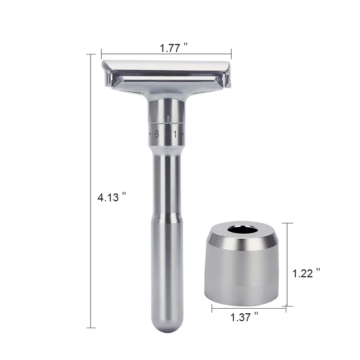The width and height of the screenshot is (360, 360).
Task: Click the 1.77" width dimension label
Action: [x=174, y=48]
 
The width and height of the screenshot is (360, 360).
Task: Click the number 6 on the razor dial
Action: [x=157, y=134]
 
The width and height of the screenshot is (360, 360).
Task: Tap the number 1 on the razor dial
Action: [x=175, y=134]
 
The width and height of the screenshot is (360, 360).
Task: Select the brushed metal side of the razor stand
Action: [x=243, y=274]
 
